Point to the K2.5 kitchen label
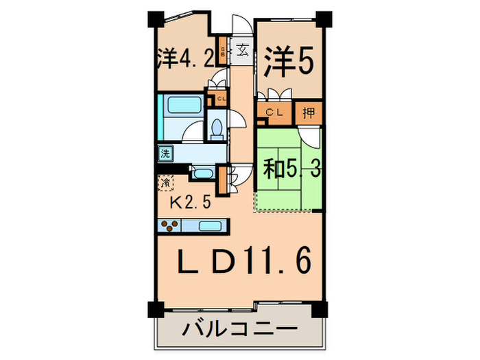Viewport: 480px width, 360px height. point(189,203)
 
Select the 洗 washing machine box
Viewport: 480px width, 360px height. point(165,154)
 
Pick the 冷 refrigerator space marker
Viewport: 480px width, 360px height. point(165,183)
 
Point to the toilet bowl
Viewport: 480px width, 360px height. point(215,128)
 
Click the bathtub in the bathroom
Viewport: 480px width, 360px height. point(182,106)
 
